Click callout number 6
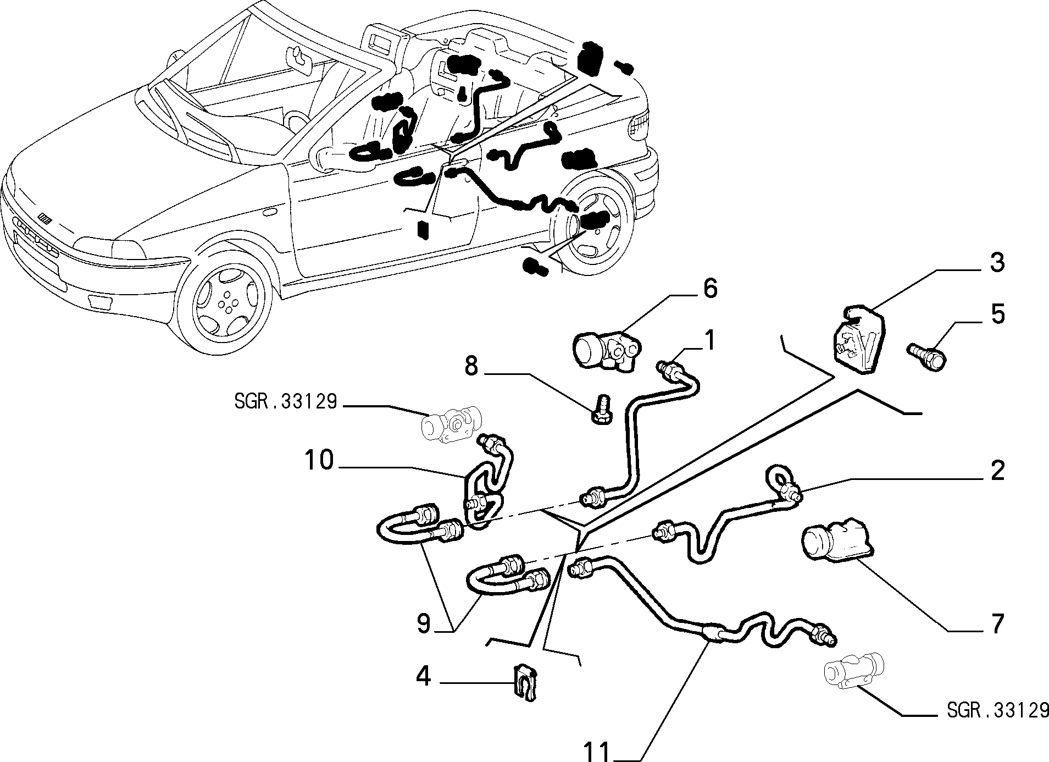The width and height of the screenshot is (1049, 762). pyautogui.click(x=710, y=289)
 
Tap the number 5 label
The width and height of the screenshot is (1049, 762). pyautogui.click(x=997, y=314)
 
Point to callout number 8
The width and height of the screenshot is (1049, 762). pyautogui.click(x=471, y=366)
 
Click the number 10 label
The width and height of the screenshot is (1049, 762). pyautogui.click(x=319, y=460)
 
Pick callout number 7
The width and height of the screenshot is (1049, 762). pyautogui.click(x=997, y=624)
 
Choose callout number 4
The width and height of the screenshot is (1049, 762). pyautogui.click(x=423, y=676)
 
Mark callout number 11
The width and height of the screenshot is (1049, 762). pyautogui.click(x=597, y=751)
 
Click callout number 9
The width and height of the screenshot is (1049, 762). pyautogui.click(x=423, y=624)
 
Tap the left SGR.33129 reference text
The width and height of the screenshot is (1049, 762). pyautogui.click(x=285, y=402)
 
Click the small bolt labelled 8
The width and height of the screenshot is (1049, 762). pyautogui.click(x=603, y=407)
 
